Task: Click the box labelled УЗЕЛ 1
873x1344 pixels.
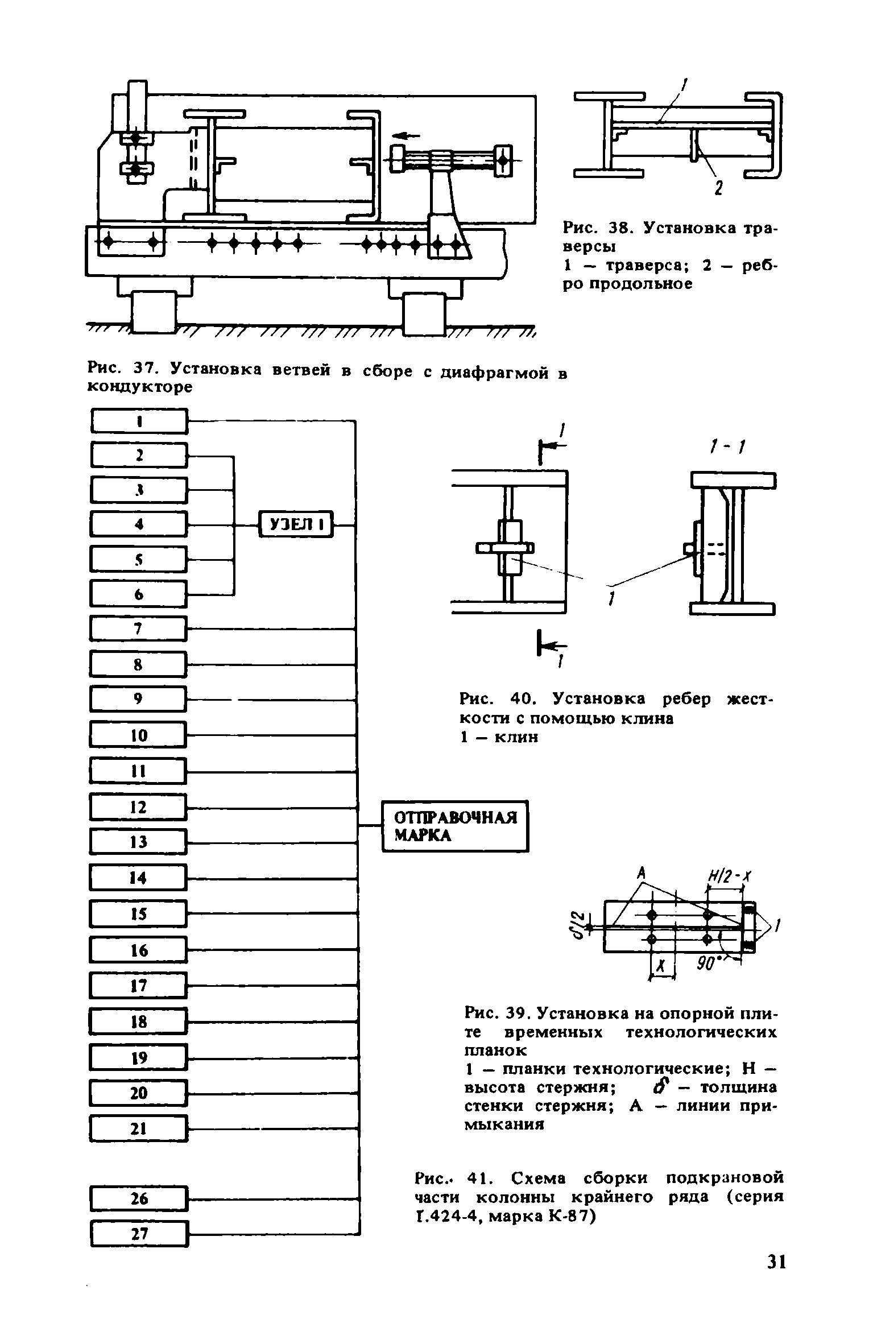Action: (296, 524)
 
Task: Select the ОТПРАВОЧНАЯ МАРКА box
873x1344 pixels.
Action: (454, 826)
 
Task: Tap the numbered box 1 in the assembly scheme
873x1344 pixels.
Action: (139, 421)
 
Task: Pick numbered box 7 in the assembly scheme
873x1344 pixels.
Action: (138, 628)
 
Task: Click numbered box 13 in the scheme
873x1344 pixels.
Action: (138, 841)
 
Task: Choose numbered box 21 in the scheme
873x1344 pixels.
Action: (138, 1128)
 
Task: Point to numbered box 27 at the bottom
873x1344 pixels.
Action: (139, 1234)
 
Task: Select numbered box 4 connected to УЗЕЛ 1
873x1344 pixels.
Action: (138, 524)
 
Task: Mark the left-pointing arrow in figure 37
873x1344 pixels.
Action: (406, 135)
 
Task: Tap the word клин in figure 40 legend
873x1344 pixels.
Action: (515, 738)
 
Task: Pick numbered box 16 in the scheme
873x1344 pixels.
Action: (138, 950)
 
